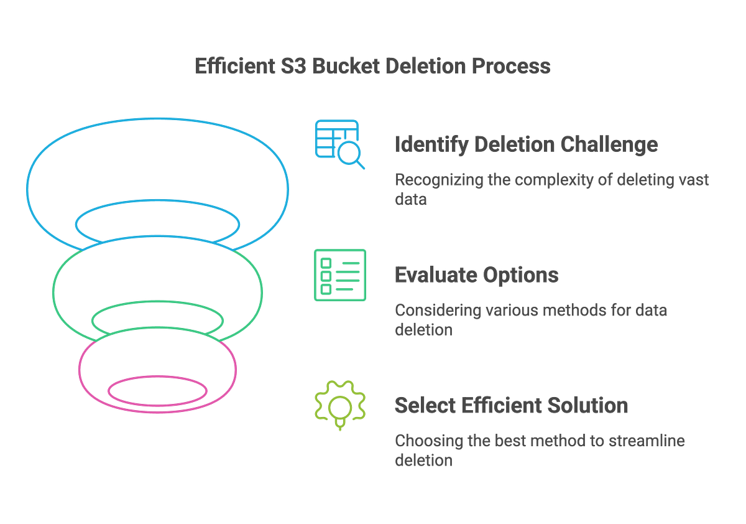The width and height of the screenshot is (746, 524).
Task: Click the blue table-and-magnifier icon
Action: pyautogui.click(x=338, y=143)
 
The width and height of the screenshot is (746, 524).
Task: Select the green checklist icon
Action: pyautogui.click(x=340, y=275)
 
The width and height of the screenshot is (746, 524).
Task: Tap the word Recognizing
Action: pyautogui.click(x=433, y=180)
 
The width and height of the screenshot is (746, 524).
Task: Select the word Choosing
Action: pyautogui.click(x=423, y=441)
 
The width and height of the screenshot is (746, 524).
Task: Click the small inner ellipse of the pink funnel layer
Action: pyautogui.click(x=157, y=391)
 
